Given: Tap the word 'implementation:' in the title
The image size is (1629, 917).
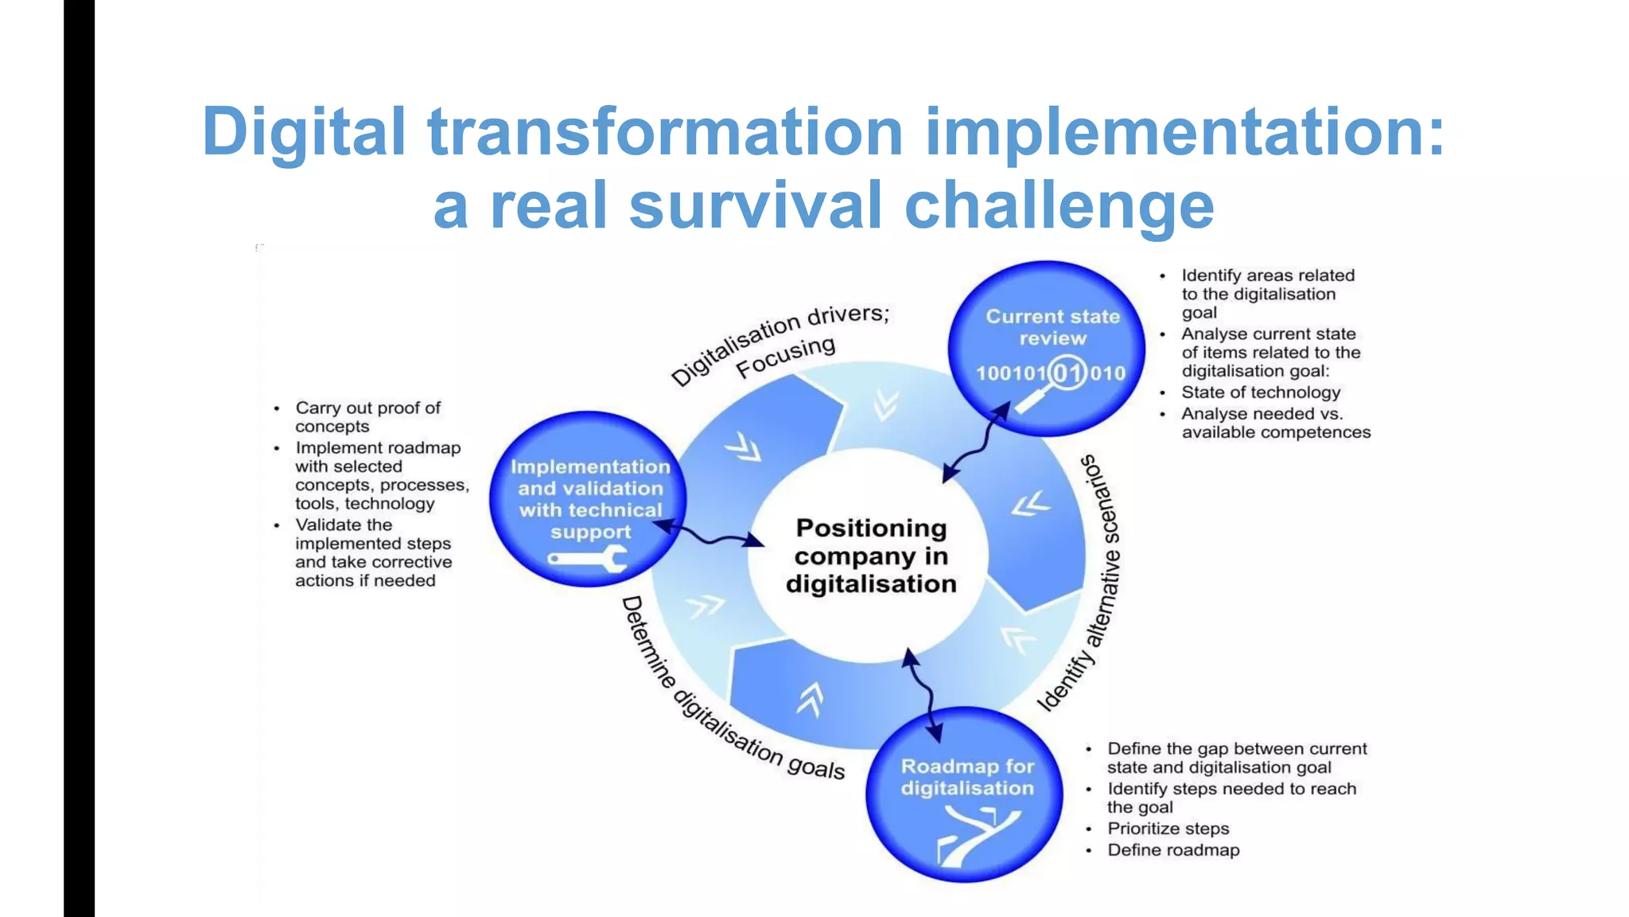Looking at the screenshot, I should click(1184, 131).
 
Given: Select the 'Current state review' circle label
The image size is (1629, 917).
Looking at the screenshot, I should click(1052, 327).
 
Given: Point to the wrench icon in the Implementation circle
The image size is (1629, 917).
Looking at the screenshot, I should click(588, 560).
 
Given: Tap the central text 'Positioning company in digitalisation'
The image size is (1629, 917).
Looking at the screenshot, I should click(870, 556).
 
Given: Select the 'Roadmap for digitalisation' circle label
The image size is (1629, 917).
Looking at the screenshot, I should click(967, 777).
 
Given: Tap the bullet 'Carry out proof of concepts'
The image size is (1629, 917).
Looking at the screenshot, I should click(367, 417).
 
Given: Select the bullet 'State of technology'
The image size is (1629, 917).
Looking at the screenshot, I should click(1260, 392).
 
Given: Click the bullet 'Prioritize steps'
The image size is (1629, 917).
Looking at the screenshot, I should click(1168, 829).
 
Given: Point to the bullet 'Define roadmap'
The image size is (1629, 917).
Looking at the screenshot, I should click(1173, 850).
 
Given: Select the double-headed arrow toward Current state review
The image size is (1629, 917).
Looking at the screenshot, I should click(977, 443).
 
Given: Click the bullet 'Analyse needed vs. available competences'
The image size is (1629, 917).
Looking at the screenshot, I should click(1275, 423).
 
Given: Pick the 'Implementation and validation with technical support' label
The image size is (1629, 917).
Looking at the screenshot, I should click(590, 499).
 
